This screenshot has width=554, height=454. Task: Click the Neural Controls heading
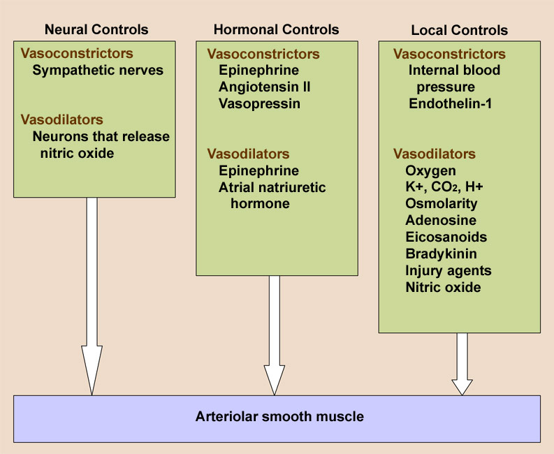(x=96, y=29)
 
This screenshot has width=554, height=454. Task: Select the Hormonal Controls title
(x=276, y=29)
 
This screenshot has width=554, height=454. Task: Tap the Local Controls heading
(x=459, y=30)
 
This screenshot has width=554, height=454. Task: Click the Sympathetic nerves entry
(x=98, y=70)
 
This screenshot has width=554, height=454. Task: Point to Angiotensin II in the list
(x=265, y=87)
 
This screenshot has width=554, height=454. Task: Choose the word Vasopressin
(x=259, y=104)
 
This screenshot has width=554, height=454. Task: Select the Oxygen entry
(x=430, y=170)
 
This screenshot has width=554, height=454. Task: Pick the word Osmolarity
(x=442, y=204)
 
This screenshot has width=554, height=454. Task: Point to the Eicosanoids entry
(x=446, y=237)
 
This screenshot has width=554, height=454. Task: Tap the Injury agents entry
(x=449, y=270)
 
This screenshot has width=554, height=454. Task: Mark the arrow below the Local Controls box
(x=462, y=363)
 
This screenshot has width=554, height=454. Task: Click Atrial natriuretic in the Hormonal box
(x=272, y=187)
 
